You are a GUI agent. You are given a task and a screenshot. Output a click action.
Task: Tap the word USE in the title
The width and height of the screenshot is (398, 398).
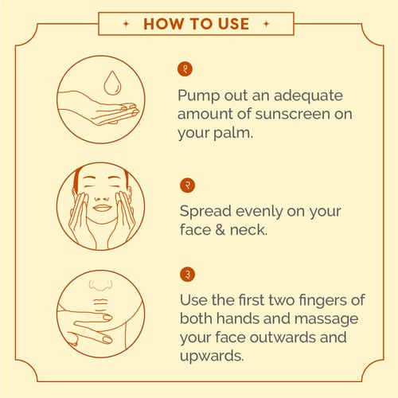pyautogui.click(x=233, y=24)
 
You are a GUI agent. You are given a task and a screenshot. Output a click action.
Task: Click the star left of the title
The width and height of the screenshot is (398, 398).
pyautogui.click(x=127, y=24)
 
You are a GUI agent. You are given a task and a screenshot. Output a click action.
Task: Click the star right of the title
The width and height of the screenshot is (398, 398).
pyautogui.click(x=267, y=24)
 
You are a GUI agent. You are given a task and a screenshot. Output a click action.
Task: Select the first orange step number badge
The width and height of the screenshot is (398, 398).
pyautogui.click(x=185, y=69)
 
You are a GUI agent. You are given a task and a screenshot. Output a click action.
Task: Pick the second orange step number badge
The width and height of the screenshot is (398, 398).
pyautogui.click(x=187, y=185)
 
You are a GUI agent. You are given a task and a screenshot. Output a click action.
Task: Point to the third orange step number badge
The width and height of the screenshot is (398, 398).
pyautogui.click(x=187, y=275)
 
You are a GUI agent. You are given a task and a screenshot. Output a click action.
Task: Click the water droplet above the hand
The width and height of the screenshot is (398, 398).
pyautogui.click(x=112, y=83)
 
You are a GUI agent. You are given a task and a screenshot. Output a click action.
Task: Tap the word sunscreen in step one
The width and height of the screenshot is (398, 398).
pyautogui.click(x=293, y=114)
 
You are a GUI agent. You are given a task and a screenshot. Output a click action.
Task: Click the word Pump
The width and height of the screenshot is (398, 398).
pyautogui.click(x=199, y=96)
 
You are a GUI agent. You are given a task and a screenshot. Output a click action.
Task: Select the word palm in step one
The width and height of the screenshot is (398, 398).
pyautogui.click(x=233, y=132)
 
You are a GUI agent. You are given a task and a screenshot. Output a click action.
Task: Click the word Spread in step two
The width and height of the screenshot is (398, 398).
pyautogui.click(x=205, y=213)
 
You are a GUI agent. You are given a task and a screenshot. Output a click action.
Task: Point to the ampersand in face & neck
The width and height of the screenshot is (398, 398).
pyautogui.click(x=220, y=230)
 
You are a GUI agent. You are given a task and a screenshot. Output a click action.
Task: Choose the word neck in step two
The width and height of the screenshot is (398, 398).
pyautogui.click(x=248, y=230)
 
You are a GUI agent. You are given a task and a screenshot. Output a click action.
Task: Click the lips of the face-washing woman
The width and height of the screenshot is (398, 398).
pyautogui.click(x=102, y=208)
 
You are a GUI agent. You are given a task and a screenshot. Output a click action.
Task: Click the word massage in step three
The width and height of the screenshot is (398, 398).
pyautogui.click(x=326, y=319)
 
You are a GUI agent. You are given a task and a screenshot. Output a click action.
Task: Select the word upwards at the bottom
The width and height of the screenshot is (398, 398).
pyautogui.click(x=212, y=357)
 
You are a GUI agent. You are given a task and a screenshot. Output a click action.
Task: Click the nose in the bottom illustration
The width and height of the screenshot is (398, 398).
pyautogui.click(x=100, y=285)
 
